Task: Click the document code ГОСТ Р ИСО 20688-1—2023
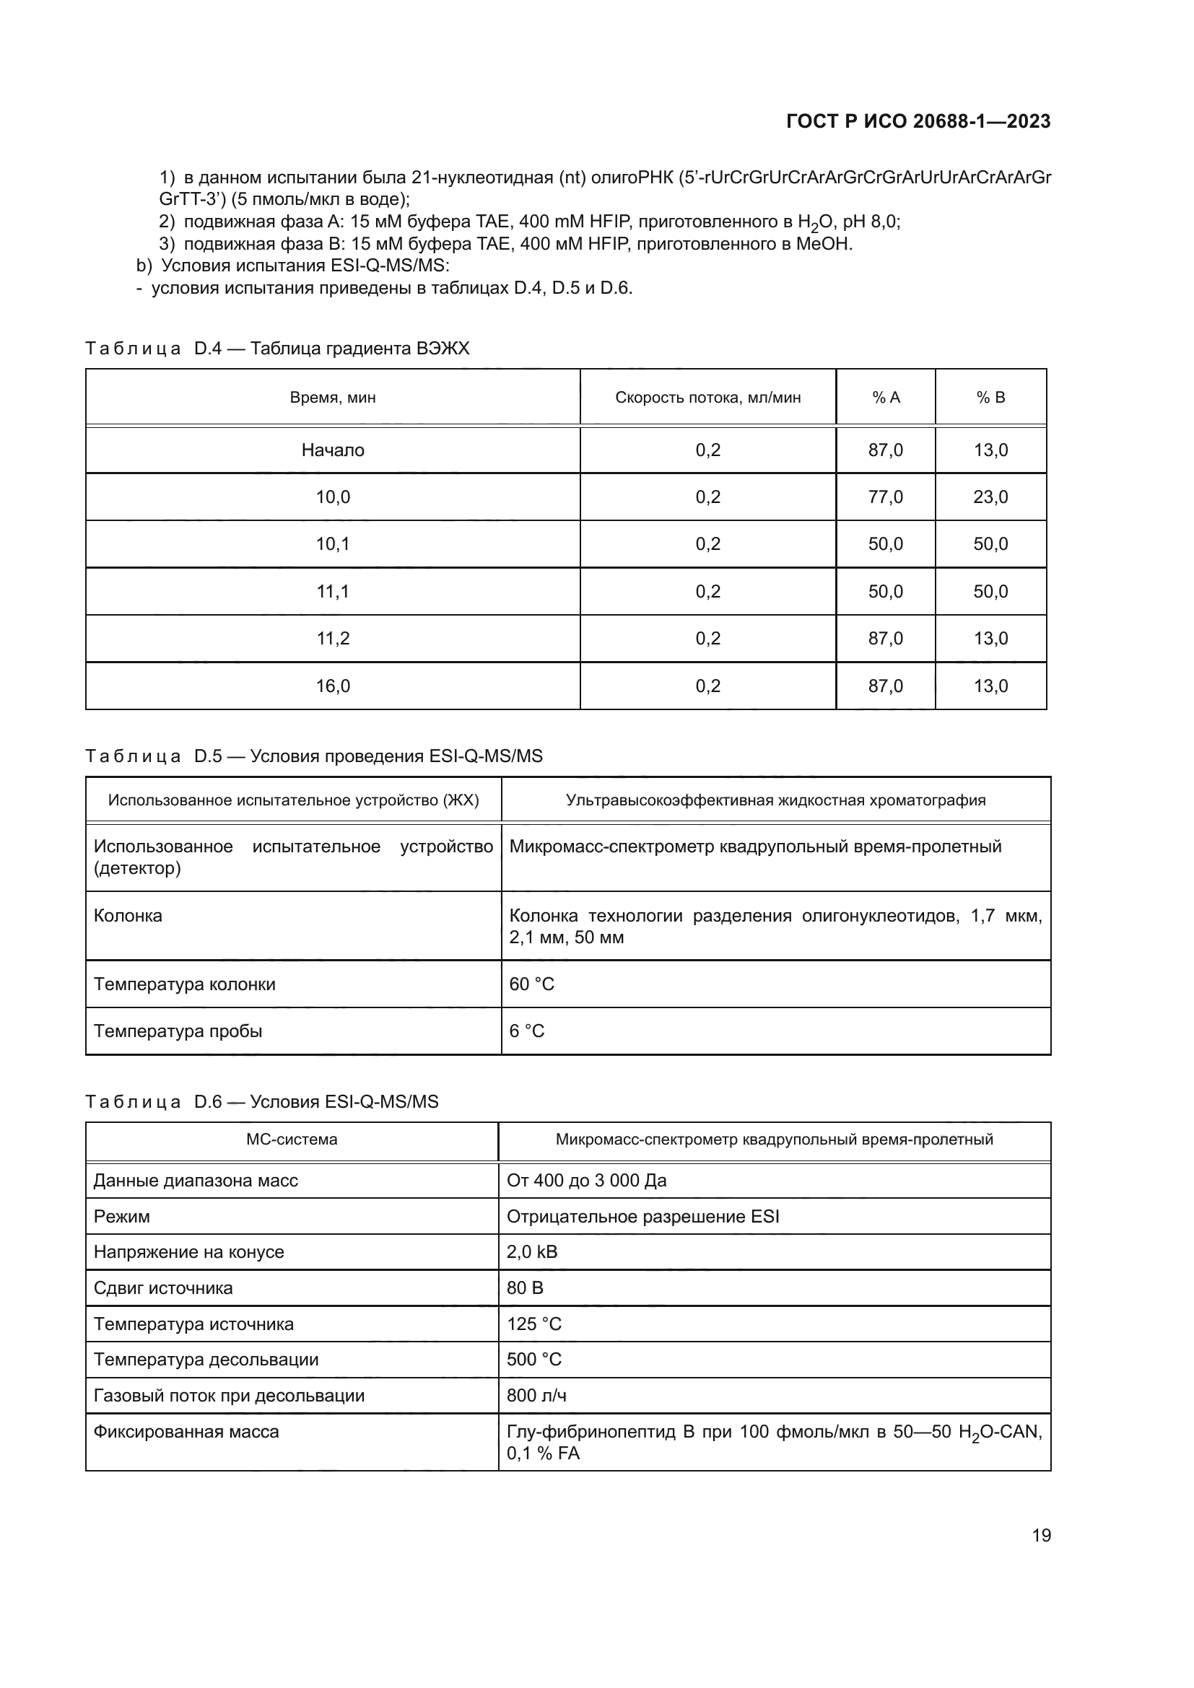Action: click(918, 121)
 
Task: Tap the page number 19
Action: click(1041, 1536)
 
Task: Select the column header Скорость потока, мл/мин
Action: click(707, 398)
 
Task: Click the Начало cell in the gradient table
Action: click(332, 450)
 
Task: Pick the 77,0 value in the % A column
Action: click(885, 497)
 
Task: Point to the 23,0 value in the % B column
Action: click(990, 497)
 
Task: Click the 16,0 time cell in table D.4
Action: click(332, 686)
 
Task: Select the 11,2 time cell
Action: click(332, 638)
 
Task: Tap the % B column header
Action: click(990, 398)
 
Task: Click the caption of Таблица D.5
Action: click(314, 756)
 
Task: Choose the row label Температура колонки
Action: click(185, 984)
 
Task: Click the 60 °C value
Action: click(531, 984)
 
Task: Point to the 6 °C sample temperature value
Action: click(526, 1031)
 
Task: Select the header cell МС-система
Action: click(291, 1140)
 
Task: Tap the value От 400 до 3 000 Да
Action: click(586, 1181)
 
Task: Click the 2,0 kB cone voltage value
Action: click(531, 1252)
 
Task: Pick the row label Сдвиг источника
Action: click(162, 1288)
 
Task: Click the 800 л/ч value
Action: click(536, 1396)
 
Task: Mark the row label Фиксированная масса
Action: click(186, 1431)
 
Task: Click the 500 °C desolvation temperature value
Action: click(533, 1360)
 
